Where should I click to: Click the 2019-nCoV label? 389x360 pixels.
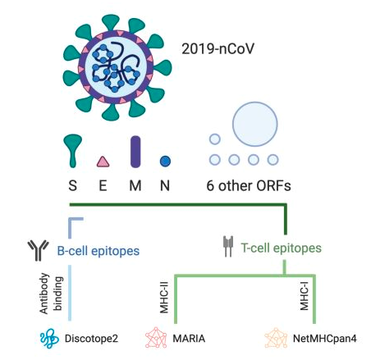pos(218,49)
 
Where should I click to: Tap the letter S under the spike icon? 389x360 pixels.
pos(72,185)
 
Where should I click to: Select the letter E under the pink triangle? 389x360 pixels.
pos(103,185)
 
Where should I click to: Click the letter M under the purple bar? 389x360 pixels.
pos(135,185)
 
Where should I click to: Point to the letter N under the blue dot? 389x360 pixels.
pos(165,185)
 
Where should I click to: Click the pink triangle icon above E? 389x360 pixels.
pos(103,162)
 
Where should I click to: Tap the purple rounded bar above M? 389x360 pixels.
pos(135,152)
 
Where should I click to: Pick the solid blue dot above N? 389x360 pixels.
pos(165,162)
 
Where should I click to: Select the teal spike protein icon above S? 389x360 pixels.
pos(72,150)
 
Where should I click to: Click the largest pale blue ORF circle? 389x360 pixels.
pos(255,124)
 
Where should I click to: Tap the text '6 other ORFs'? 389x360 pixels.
pos(249,185)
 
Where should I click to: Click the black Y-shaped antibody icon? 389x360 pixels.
pos(38,250)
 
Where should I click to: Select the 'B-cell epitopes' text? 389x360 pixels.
pos(98,251)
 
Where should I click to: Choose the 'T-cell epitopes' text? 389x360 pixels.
pos(281,248)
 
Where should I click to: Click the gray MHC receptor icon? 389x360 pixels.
pos(228,246)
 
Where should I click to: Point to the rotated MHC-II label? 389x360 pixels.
pos(164,297)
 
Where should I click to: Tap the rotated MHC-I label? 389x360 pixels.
pos(304,296)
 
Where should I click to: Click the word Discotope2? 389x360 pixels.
pos(91,339)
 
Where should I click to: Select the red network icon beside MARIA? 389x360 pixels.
pos(156,338)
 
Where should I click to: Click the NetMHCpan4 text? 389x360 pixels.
pos(325,339)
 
